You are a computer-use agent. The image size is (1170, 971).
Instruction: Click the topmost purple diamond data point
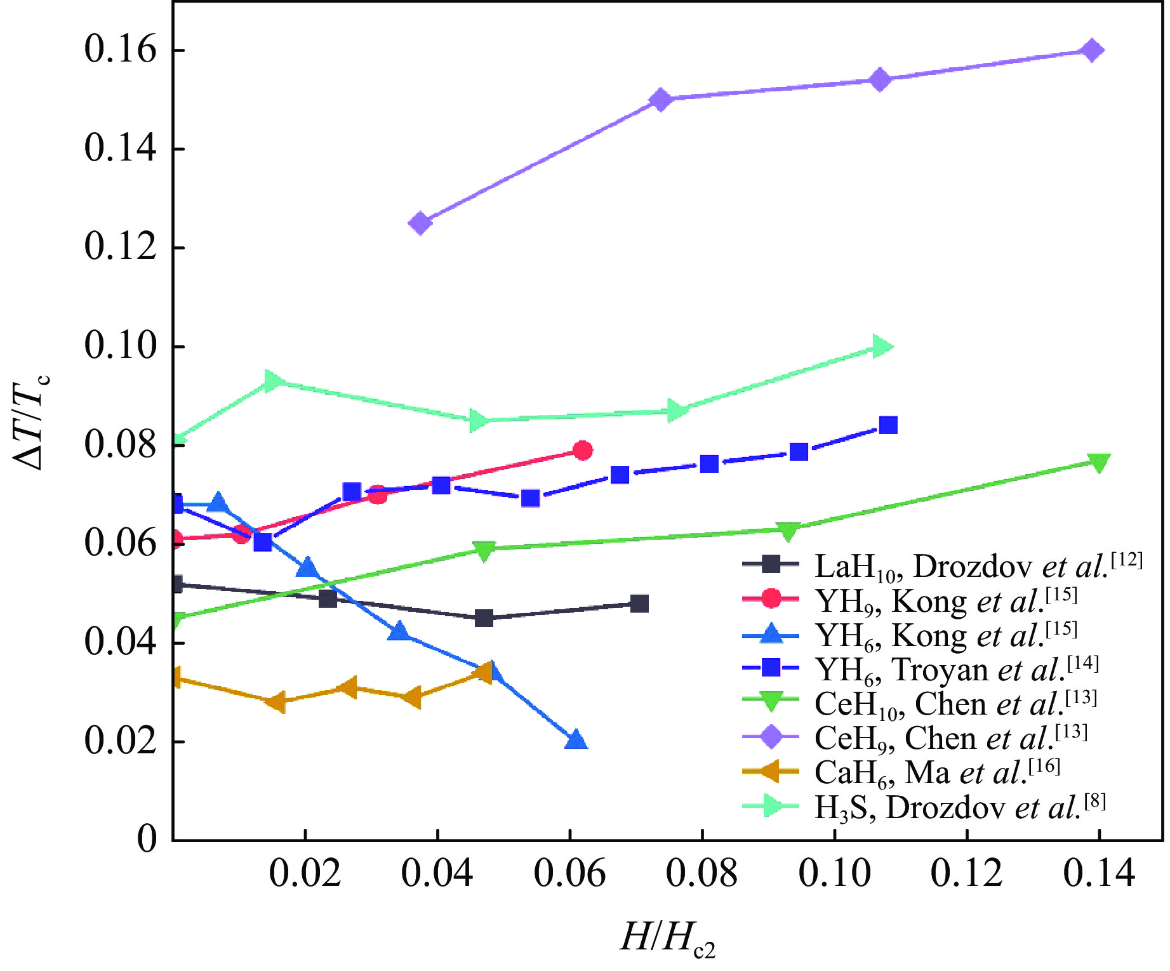[1092, 50]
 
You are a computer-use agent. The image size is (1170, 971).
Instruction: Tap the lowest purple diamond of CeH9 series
[420, 223]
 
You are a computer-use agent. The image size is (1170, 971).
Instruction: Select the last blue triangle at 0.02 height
[575, 740]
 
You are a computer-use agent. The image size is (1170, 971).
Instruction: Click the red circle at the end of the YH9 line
[582, 451]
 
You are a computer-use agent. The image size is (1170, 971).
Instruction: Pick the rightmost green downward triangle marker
[1098, 463]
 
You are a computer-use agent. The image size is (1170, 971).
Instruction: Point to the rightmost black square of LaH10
[640, 604]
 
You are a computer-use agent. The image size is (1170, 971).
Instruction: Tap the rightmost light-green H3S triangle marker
[881, 347]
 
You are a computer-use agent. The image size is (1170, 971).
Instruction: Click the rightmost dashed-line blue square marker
[888, 425]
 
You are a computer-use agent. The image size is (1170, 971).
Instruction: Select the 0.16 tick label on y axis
[120, 50]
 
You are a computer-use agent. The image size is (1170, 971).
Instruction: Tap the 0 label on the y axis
[147, 839]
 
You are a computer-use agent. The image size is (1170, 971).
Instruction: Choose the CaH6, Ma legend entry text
[936, 772]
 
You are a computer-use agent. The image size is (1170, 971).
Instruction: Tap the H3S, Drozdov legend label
[959, 807]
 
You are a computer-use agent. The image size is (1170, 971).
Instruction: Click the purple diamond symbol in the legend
[771, 737]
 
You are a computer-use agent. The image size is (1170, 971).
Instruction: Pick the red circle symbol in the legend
[771, 598]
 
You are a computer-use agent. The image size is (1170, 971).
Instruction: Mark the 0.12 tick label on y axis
[120, 248]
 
